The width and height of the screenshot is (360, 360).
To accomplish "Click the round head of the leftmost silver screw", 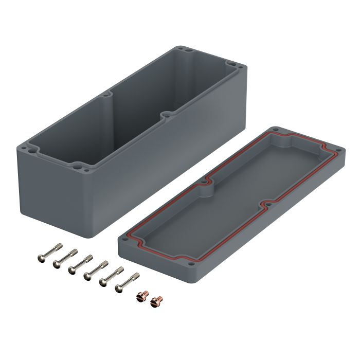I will click(42, 256).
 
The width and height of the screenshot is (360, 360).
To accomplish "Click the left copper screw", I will click(140, 297).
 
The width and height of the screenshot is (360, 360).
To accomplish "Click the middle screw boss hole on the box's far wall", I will click(110, 96).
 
